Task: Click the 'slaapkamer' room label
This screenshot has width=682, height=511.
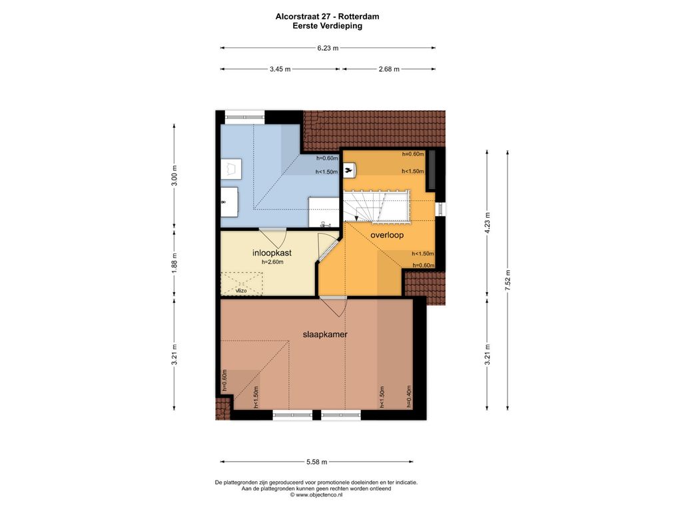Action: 325,335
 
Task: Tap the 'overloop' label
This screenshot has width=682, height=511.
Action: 387,235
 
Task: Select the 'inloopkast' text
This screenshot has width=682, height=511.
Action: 272,253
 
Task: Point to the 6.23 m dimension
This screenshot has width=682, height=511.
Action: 328,48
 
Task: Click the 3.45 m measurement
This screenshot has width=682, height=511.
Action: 280,69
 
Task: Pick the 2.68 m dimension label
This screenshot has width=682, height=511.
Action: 389,69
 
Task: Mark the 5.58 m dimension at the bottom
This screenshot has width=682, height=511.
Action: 316,462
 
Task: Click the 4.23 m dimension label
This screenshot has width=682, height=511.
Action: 487,223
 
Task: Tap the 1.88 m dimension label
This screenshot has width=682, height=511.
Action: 174,263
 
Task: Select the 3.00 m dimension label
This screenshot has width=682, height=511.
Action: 174,175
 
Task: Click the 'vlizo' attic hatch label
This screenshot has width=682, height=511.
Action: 241,291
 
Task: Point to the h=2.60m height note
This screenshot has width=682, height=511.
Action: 272,262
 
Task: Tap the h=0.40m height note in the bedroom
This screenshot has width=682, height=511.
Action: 409,397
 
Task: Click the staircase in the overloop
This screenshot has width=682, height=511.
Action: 377,206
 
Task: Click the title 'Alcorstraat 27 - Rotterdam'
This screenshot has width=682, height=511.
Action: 327,17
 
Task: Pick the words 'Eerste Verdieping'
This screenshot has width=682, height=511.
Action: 327,26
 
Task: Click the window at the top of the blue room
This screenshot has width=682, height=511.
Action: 244,116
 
